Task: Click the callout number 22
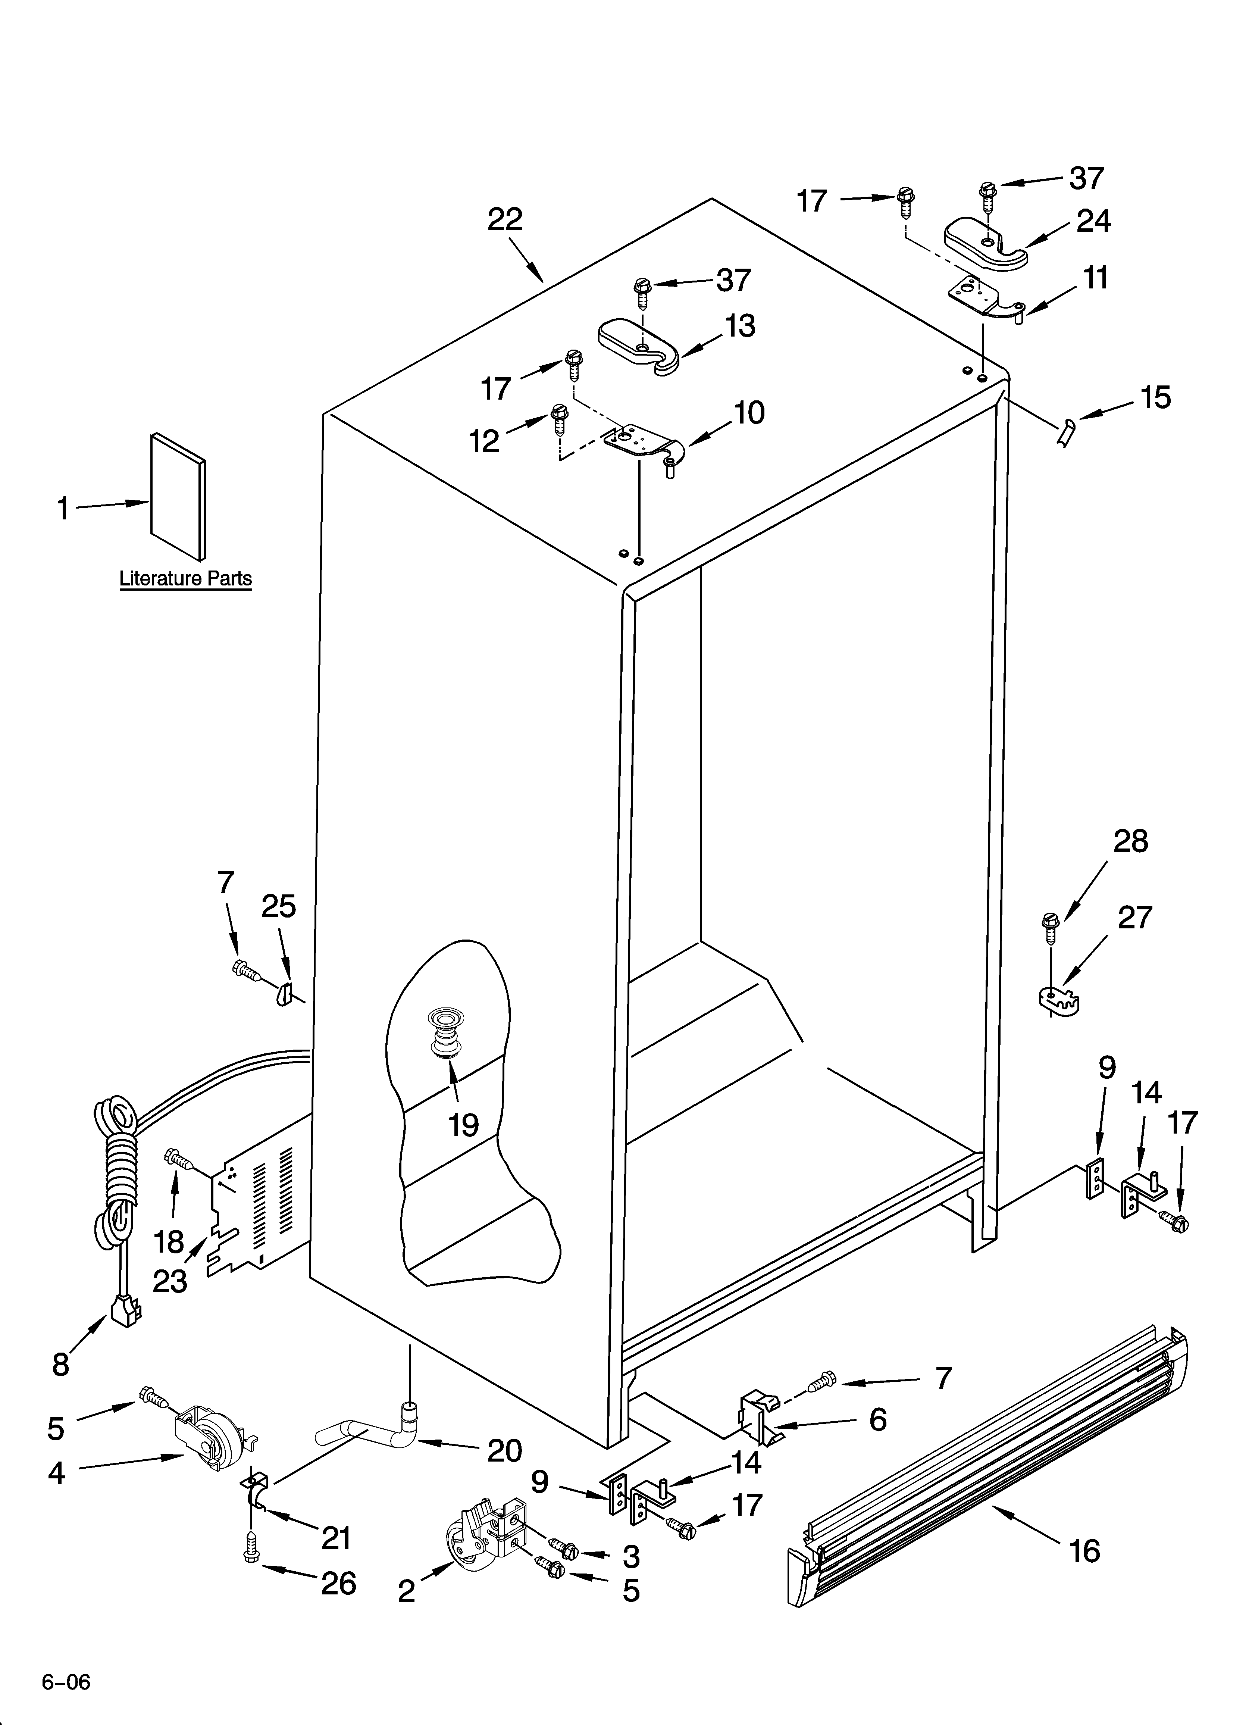point(505,220)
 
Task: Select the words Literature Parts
point(186,579)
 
